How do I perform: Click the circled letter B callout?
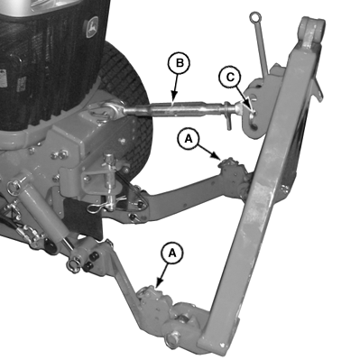[179, 63]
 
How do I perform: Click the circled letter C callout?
[230, 78]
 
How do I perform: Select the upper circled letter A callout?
[189, 139]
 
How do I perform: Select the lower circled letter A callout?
[171, 253]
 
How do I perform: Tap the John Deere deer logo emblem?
[92, 27]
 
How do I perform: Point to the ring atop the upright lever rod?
[254, 16]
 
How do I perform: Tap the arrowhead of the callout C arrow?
[251, 110]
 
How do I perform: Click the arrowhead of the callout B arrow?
[173, 97]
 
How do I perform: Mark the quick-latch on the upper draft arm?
[231, 169]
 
